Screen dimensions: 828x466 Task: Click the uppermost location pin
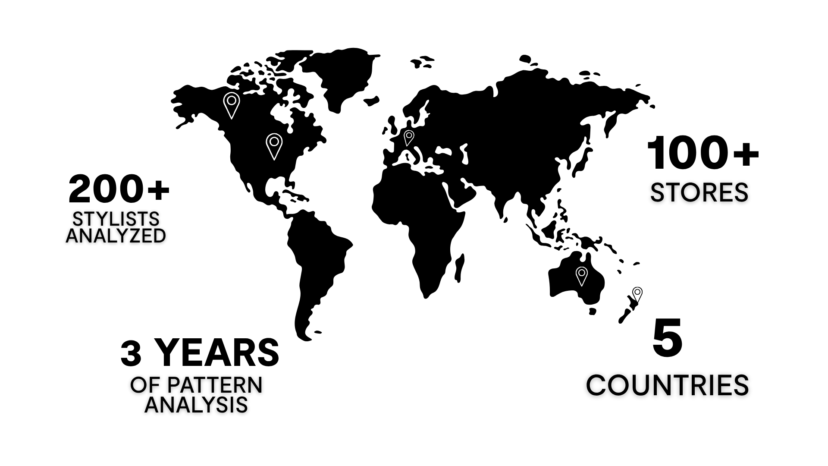coord(232,104)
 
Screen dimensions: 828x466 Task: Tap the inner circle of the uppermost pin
coord(232,101)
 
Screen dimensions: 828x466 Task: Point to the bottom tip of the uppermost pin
coord(232,118)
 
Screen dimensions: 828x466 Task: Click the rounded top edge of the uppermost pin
coord(232,93)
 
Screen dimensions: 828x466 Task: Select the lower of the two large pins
coord(274,146)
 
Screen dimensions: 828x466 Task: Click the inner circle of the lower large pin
coord(274,142)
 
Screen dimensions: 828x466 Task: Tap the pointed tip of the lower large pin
coord(274,160)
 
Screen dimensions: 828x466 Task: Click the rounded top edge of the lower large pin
coord(274,134)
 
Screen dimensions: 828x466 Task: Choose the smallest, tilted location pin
coord(409,138)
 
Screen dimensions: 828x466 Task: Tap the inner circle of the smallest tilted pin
coord(409,135)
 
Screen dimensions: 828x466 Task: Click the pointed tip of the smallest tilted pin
coord(407,146)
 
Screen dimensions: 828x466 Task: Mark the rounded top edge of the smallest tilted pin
coord(409,131)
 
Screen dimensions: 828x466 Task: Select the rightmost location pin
coord(582,276)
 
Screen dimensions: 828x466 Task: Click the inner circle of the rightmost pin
coord(582,273)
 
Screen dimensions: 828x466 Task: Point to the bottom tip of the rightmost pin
coord(582,286)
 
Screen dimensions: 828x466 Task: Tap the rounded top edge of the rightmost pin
coord(582,267)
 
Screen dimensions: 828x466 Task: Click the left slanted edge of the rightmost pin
coord(578,280)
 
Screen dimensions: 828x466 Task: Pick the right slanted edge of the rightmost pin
coord(585,280)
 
